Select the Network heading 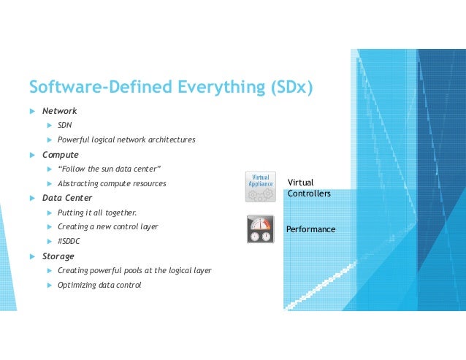(x=59, y=111)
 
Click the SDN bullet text (x=64, y=125)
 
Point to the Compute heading (x=60, y=155)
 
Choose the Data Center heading (x=67, y=198)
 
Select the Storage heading (x=58, y=256)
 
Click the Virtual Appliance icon (x=259, y=186)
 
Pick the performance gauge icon (x=259, y=229)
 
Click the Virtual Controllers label (x=309, y=188)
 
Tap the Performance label (x=310, y=229)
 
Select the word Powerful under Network (x=75, y=139)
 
